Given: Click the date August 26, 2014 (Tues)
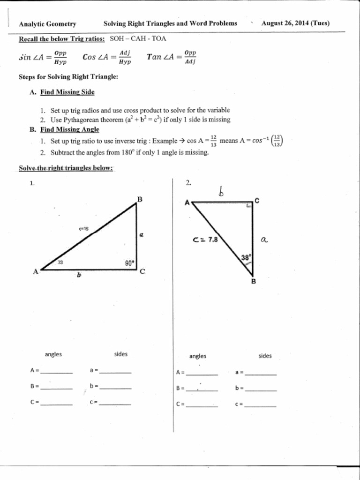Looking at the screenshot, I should coord(295,23).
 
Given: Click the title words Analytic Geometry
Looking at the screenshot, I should coord(47,24).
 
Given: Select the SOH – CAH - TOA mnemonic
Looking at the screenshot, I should coord(138,39).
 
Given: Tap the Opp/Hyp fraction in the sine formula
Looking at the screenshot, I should coord(60,57).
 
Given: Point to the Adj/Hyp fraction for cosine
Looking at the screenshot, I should coord(125,57).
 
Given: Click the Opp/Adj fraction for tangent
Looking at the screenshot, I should coord(190,57).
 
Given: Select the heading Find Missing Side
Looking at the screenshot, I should coord(67,92).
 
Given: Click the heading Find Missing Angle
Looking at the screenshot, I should coord(69,130).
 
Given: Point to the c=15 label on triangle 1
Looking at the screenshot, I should coord(83,229).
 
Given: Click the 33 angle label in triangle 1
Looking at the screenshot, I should coord(60,262).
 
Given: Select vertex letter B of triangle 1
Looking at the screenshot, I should coord(139,199).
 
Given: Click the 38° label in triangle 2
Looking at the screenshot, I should coord(246,257).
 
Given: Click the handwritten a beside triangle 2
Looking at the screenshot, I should coord(264,240).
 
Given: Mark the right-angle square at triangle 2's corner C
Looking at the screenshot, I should coord(249,205).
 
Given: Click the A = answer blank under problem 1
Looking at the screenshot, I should coord(56,371).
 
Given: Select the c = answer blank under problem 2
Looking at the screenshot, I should coord(261,404).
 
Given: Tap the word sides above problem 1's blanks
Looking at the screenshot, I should coord(120,354).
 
